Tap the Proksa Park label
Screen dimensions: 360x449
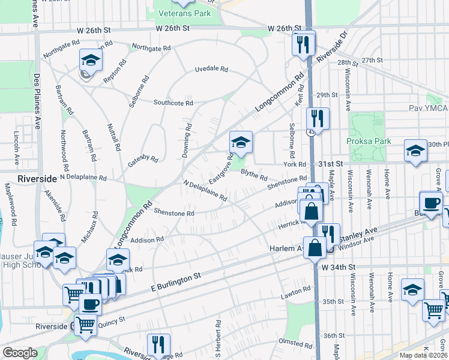click(x=369, y=141)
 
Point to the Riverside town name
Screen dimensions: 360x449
click(x=37, y=179)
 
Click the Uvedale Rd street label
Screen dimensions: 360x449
click(x=211, y=69)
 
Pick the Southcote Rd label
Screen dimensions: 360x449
click(x=173, y=103)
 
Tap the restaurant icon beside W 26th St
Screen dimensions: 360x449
click(x=303, y=43)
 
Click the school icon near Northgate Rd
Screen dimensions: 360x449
click(x=91, y=59)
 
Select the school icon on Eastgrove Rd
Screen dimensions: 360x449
click(x=240, y=142)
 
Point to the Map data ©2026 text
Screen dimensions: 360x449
click(x=424, y=355)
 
